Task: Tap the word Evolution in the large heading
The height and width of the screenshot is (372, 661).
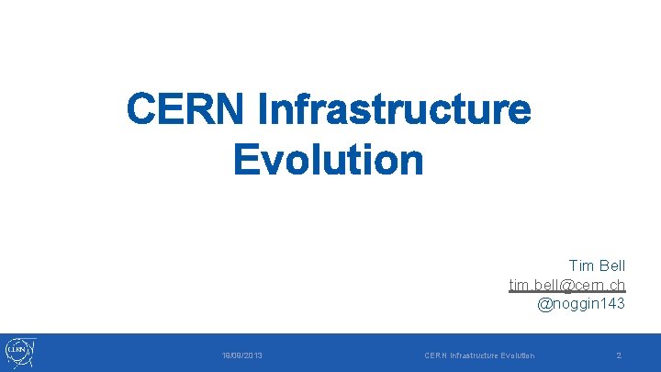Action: pos(328,160)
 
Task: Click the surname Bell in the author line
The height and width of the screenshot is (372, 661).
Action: pos(611,266)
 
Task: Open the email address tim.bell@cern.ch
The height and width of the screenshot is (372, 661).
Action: pos(567,285)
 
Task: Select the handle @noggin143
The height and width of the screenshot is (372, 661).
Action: pos(581,303)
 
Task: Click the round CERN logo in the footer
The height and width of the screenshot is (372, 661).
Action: pos(19,352)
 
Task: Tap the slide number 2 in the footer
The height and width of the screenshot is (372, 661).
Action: pos(619,355)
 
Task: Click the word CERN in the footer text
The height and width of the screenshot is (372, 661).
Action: pos(435,355)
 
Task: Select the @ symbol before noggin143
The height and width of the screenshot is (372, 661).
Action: pos(543,303)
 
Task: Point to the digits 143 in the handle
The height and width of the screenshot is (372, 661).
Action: pos(611,303)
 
